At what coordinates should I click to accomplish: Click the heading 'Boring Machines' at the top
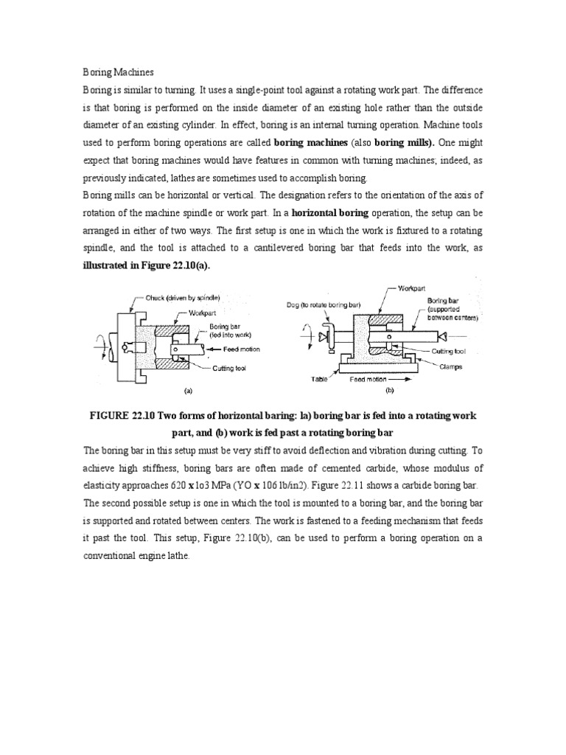[117, 72]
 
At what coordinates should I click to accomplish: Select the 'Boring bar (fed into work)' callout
[217, 328]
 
